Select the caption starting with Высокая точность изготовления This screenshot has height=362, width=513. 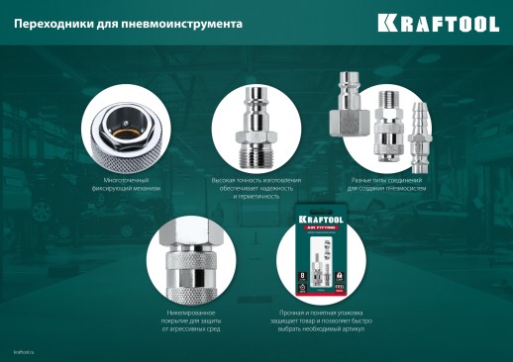(256, 188)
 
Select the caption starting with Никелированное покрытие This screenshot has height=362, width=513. (186, 319)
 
